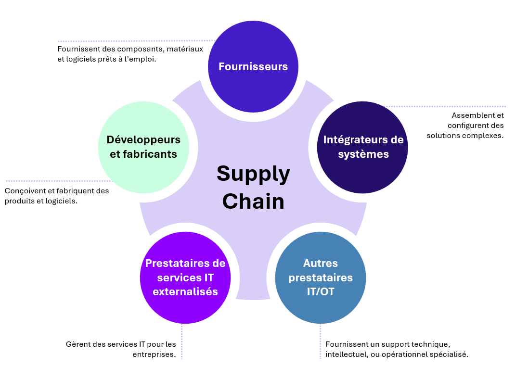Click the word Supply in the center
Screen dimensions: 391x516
coord(253,174)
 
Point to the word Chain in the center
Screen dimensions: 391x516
coord(253,201)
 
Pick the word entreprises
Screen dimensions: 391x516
coord(154,354)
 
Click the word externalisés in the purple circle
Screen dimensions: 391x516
coord(185,291)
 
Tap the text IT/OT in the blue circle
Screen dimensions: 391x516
coord(321,291)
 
